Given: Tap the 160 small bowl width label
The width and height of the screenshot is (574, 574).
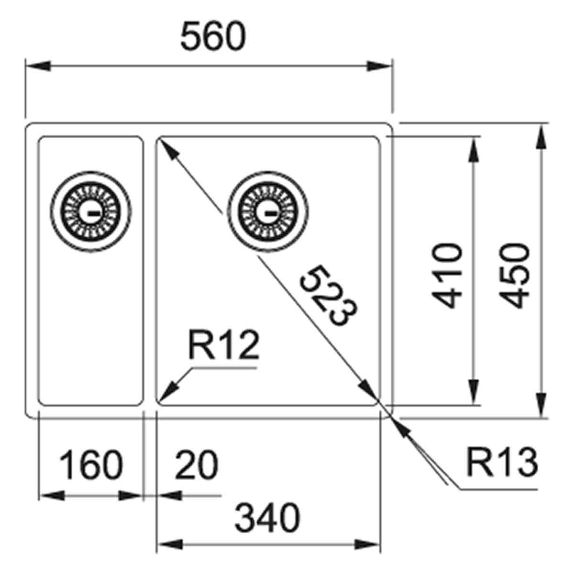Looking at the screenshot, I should (x=91, y=465).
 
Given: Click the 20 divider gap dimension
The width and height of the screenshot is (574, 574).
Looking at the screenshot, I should (x=196, y=465).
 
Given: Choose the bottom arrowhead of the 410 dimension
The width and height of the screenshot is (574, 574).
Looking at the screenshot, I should (x=474, y=392).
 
